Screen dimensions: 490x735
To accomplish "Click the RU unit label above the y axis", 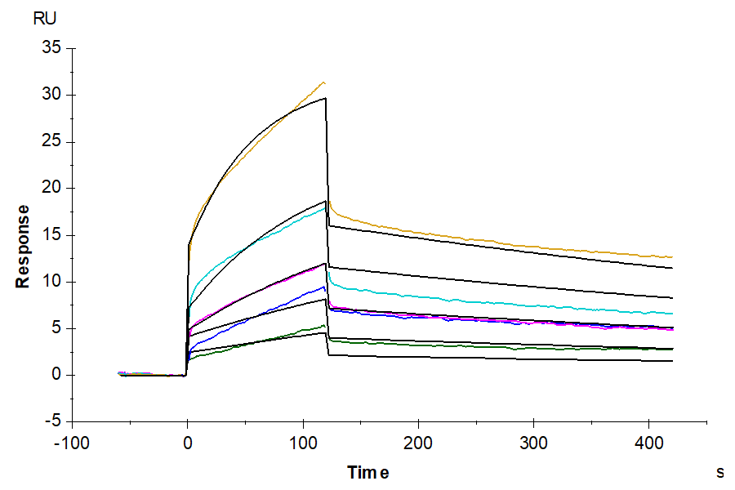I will [x=47, y=19].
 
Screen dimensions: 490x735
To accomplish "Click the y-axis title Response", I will [x=23, y=246].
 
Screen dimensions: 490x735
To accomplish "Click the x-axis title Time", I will [x=368, y=472].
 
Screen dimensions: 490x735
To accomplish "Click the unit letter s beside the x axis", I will [x=720, y=472].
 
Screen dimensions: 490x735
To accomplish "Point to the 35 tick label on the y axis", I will [x=51, y=48].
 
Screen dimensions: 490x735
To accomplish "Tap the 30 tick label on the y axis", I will [x=51, y=95].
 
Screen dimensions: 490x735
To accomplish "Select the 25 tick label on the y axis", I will [x=51, y=141].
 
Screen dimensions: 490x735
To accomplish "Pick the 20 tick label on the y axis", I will [x=51, y=188].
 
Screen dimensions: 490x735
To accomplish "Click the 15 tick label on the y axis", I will [x=51, y=235].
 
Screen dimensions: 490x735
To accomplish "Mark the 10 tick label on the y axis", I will [x=51, y=282].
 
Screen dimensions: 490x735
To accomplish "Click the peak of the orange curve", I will [x=324, y=82].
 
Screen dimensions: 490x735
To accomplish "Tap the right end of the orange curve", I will [x=672, y=257].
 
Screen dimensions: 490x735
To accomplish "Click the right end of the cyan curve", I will [x=672, y=314].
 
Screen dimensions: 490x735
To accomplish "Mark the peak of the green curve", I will [x=325, y=325].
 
